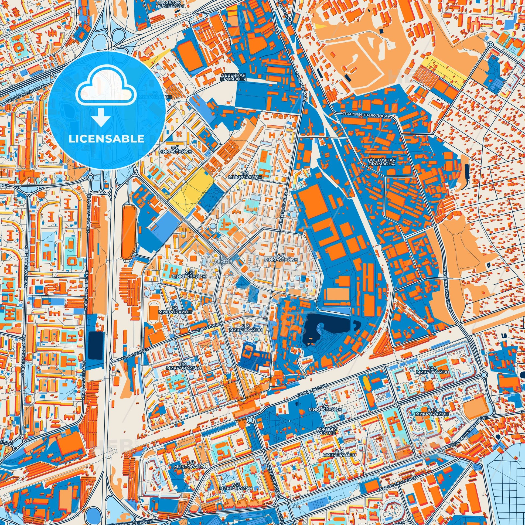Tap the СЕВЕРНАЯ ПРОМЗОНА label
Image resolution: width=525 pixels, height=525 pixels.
(x=234, y=77)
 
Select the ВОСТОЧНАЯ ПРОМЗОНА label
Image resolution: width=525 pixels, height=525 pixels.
(x=381, y=162)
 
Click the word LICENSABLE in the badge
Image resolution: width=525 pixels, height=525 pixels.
(x=106, y=139)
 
